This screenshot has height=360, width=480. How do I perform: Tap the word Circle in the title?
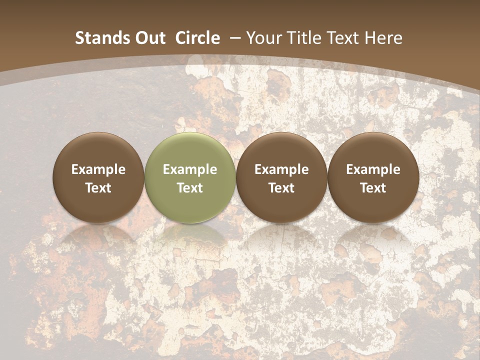pos(197,38)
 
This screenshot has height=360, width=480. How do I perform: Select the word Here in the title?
pos(384,38)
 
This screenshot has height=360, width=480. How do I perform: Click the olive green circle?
pos(190,177)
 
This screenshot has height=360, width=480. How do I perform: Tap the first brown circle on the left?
pos(98,177)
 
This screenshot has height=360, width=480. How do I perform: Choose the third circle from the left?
pos(281,177)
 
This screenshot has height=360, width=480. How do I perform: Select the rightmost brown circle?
pos(373,177)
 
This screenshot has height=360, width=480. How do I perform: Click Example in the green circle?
pos(190,169)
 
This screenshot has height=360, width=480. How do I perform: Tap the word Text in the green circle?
pos(190,188)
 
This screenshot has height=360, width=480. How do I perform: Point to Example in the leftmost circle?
pos(98,169)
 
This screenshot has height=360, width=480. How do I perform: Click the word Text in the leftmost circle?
pos(98,188)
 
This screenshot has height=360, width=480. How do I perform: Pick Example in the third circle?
pos(281,169)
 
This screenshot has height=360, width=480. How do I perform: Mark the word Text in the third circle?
pos(281,188)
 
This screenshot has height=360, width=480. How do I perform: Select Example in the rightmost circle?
pos(373,169)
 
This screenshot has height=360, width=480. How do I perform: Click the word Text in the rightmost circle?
pos(373,188)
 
